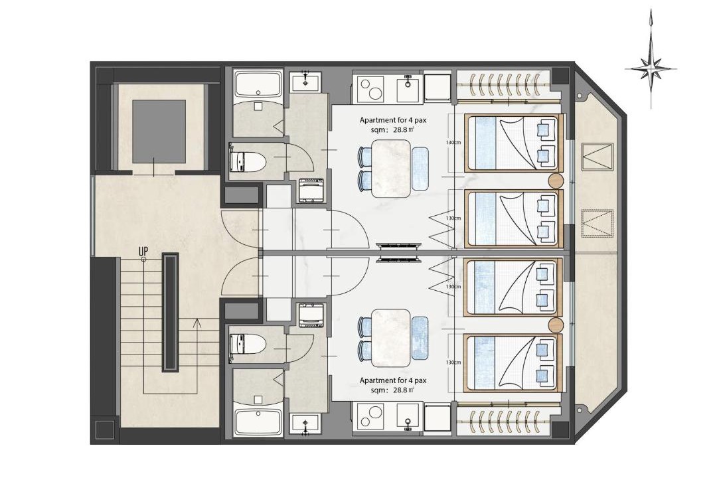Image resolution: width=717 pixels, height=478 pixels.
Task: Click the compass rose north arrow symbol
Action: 651,68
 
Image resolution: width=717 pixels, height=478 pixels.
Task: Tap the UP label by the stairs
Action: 143,251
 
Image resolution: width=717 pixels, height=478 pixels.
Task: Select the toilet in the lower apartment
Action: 247,344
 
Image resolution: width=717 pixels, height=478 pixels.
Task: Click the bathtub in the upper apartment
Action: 257,84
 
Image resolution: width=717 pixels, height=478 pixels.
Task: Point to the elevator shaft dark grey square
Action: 159,131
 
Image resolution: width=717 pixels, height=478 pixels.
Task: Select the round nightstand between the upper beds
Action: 556,181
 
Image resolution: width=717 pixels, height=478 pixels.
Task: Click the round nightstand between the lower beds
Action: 556,325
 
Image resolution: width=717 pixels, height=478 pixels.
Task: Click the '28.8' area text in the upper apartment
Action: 400,129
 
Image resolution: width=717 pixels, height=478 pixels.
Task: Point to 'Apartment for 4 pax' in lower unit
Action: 393,380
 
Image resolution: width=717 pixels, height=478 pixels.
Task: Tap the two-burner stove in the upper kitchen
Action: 370,89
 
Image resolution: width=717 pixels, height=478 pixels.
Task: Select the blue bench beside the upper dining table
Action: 420,169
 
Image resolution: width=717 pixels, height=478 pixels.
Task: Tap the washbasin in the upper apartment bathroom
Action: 304,82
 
